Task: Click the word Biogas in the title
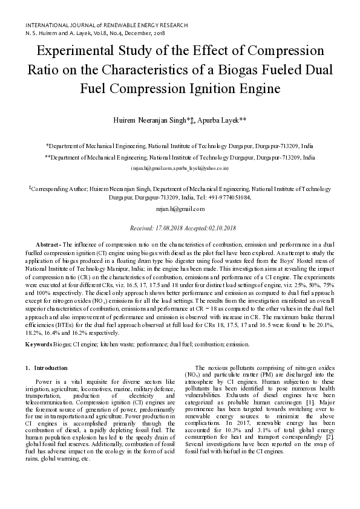pyautogui.click(x=247, y=70)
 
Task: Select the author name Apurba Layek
pyautogui.click(x=224, y=121)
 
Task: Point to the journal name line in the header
pyautogui.click(x=106, y=26)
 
